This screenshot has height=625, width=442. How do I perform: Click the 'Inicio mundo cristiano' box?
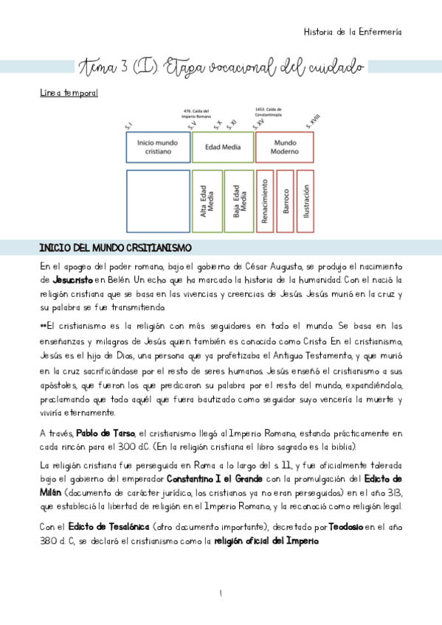coord(157,147)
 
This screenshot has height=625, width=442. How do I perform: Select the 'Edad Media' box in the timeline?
coord(221,147)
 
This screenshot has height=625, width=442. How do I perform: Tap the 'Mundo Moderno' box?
coord(285,147)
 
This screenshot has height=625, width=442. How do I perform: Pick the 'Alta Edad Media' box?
coord(206,200)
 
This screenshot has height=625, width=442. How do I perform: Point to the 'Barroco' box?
coord(285,200)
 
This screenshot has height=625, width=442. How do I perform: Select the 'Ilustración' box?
coord(305,200)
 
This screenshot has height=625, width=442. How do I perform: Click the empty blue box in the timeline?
coord(157,200)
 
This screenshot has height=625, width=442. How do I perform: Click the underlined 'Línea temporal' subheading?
coord(69,94)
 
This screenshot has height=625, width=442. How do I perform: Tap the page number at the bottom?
coord(221,593)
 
